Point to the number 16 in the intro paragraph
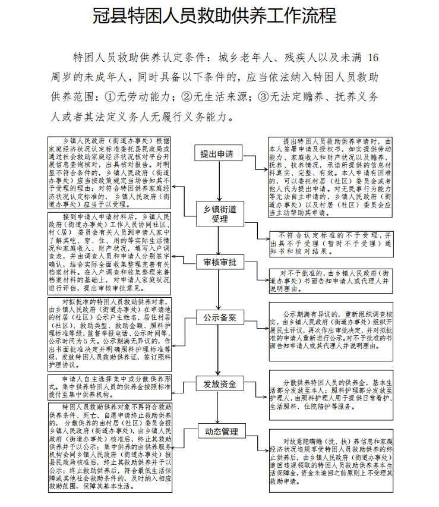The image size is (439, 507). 372,58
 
